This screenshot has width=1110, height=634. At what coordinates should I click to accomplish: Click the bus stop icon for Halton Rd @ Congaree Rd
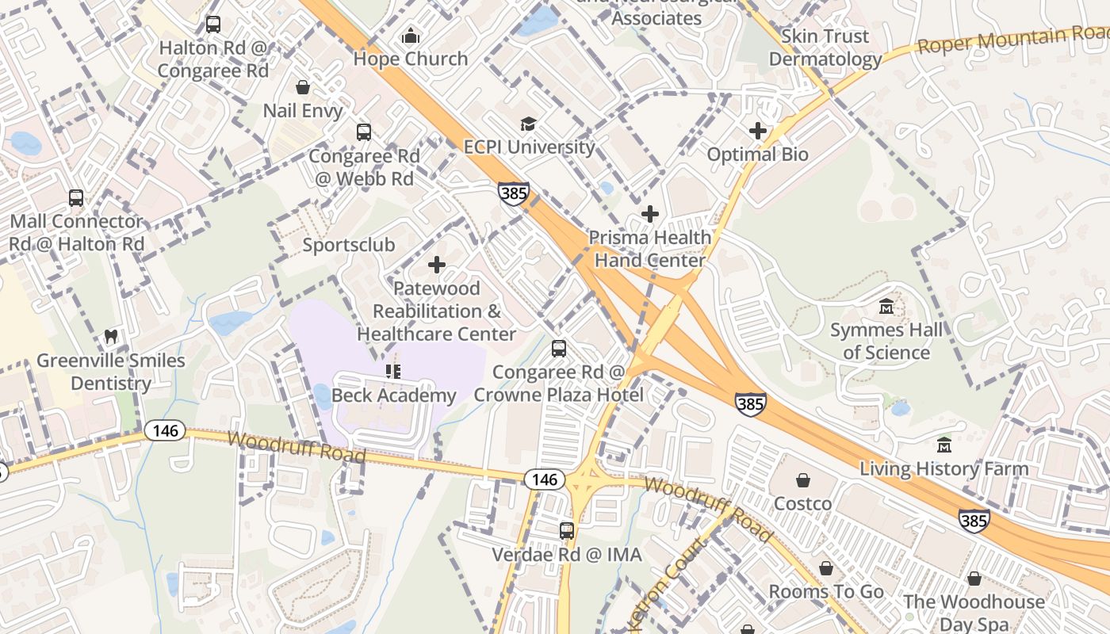point(213,25)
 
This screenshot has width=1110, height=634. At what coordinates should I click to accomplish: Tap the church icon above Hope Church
point(411,36)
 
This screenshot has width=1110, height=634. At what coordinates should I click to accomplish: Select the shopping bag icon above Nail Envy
point(302,87)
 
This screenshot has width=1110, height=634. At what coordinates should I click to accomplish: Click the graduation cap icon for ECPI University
point(528,124)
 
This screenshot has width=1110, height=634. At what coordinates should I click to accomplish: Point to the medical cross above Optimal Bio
point(758,131)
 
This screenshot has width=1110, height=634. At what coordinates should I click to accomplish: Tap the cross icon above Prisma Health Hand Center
point(650,214)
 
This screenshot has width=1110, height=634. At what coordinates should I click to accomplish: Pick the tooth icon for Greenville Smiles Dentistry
point(111,337)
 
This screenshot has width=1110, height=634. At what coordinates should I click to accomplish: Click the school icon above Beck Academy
point(393,371)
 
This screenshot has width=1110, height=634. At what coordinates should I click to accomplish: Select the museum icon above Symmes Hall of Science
point(886,306)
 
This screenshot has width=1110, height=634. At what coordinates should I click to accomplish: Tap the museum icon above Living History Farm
point(943,445)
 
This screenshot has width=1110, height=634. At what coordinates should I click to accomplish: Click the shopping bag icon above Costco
point(803,480)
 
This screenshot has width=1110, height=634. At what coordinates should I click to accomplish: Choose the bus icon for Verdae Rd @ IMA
point(566,531)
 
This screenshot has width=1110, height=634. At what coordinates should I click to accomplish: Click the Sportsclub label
point(349,245)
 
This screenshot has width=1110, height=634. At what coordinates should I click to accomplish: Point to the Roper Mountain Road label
point(1012,39)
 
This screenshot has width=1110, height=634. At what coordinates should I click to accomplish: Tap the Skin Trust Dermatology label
point(825,48)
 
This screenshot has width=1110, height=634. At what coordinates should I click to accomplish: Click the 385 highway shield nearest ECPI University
point(514,193)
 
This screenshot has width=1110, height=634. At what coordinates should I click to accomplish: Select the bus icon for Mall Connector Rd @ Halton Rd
point(76,198)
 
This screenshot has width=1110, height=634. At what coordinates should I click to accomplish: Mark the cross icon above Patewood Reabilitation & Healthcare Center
point(437,265)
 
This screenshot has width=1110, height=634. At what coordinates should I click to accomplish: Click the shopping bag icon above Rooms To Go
point(826,568)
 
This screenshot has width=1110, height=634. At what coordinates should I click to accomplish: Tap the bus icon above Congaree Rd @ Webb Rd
point(364,132)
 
